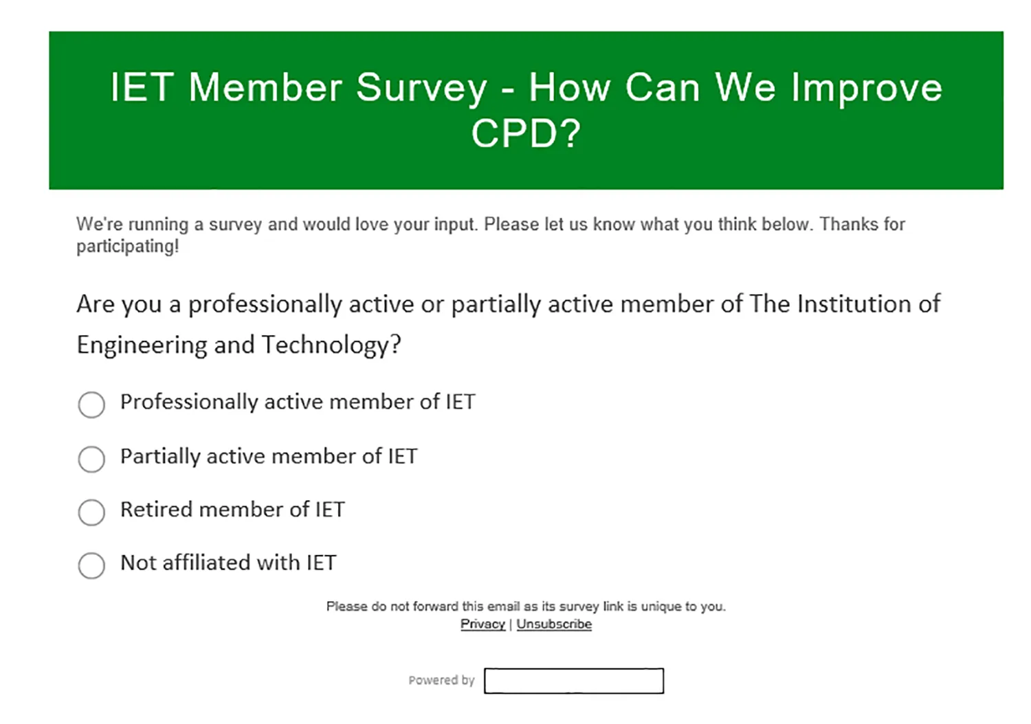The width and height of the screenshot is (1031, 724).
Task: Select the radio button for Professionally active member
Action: click(91, 405)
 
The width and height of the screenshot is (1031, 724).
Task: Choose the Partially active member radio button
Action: click(91, 459)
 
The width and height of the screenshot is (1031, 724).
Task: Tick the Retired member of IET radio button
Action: click(91, 512)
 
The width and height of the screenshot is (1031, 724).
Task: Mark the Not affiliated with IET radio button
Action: click(91, 565)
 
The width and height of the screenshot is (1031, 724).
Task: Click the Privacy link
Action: click(483, 624)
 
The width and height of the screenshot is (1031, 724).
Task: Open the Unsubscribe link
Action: click(554, 624)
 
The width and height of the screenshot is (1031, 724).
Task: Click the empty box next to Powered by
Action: click(574, 681)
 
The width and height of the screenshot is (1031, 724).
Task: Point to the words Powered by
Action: click(441, 680)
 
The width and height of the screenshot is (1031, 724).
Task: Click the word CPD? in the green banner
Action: click(526, 133)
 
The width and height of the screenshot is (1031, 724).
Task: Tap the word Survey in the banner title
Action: click(421, 89)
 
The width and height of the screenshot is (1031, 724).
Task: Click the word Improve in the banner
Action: click(867, 89)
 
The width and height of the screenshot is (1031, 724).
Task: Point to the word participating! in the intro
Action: click(127, 247)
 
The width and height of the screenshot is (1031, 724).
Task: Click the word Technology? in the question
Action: click(331, 346)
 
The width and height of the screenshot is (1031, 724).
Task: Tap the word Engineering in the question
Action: click(142, 346)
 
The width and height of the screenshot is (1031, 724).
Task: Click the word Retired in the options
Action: click(156, 510)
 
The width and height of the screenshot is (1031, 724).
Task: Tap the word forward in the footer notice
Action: click(435, 607)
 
